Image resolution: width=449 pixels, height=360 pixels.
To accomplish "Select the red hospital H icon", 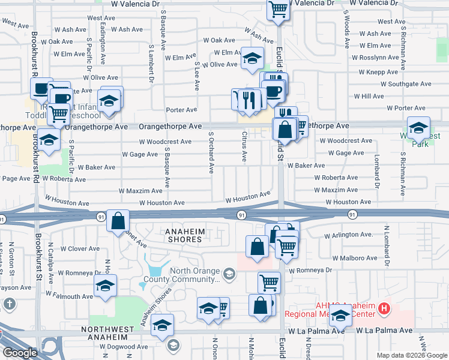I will (x=385, y=310).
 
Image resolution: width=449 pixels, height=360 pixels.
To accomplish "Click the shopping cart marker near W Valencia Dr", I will (x=279, y=9).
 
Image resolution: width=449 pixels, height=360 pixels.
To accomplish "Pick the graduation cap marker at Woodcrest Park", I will (x=418, y=127).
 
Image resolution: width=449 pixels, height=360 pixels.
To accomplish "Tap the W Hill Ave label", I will (x=369, y=96).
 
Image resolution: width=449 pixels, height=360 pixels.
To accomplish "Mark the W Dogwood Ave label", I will (x=124, y=346).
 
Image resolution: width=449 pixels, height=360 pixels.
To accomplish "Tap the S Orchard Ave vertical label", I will (x=211, y=153).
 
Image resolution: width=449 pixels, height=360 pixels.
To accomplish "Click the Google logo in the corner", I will (x=20, y=353).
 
